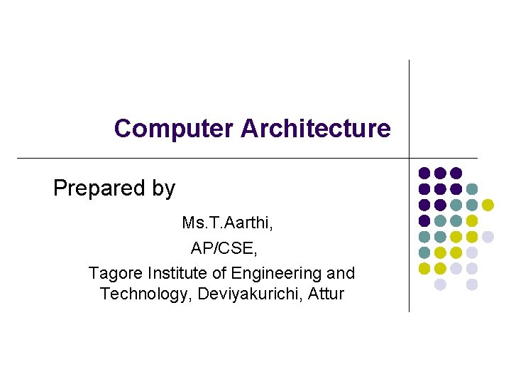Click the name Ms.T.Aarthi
[227, 223]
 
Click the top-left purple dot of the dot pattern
[424, 173]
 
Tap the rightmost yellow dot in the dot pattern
[488, 205]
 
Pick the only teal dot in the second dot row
[472, 189]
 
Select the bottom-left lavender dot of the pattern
[440, 284]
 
